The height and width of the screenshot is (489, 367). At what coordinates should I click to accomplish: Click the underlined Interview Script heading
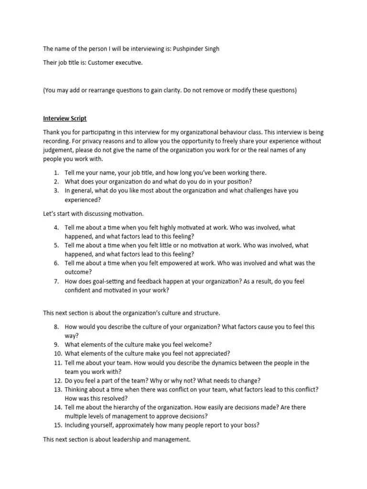(x=65, y=118)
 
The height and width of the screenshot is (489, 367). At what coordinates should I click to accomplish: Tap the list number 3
(x=56, y=191)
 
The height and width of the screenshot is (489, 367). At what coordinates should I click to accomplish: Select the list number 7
(x=56, y=282)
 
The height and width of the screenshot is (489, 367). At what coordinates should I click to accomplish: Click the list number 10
(x=57, y=354)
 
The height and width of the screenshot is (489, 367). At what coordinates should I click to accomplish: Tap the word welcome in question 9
(x=197, y=345)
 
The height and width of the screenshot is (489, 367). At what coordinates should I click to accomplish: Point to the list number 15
(x=57, y=425)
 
